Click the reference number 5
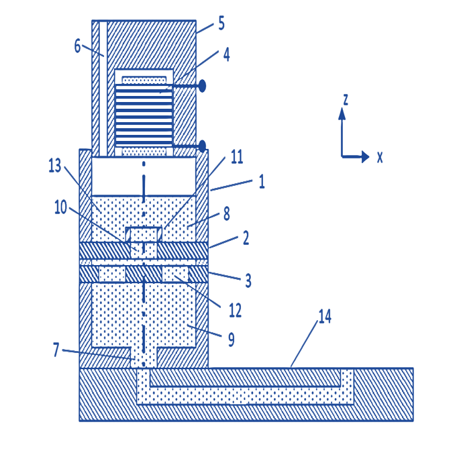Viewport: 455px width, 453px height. click(x=221, y=23)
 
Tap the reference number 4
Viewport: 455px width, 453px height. click(x=226, y=54)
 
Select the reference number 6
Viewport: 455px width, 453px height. click(x=77, y=46)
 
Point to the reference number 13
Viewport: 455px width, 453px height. click(x=55, y=165)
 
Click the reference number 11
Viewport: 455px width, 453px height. click(x=237, y=157)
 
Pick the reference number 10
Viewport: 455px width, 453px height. click(x=60, y=207)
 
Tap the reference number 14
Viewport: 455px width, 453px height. click(x=325, y=316)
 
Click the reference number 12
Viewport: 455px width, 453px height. click(x=235, y=310)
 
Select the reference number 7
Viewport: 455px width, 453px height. click(x=56, y=349)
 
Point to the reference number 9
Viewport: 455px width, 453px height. click(x=232, y=340)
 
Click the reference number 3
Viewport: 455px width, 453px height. click(x=248, y=281)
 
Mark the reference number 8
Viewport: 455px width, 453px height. click(x=227, y=214)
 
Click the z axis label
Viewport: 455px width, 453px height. click(x=346, y=99)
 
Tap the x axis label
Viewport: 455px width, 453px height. click(x=380, y=157)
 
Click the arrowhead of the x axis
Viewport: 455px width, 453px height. click(x=365, y=157)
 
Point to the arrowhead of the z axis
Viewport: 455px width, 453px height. click(x=342, y=113)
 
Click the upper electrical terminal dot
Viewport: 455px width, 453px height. click(x=202, y=86)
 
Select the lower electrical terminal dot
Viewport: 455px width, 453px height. click(x=202, y=146)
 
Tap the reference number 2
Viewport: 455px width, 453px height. click(x=246, y=238)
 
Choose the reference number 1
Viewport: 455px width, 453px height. click(x=262, y=182)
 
